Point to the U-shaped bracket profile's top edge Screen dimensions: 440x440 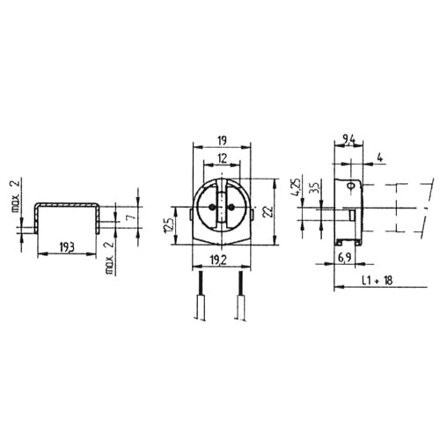click(x=65, y=202)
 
